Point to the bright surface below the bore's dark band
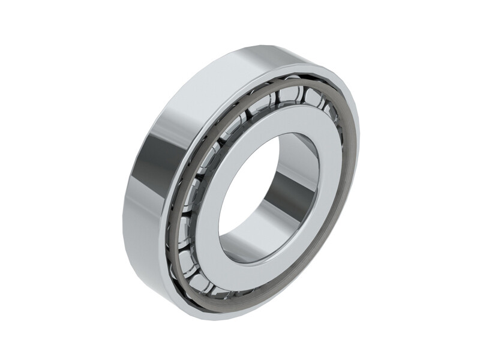[264, 237]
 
